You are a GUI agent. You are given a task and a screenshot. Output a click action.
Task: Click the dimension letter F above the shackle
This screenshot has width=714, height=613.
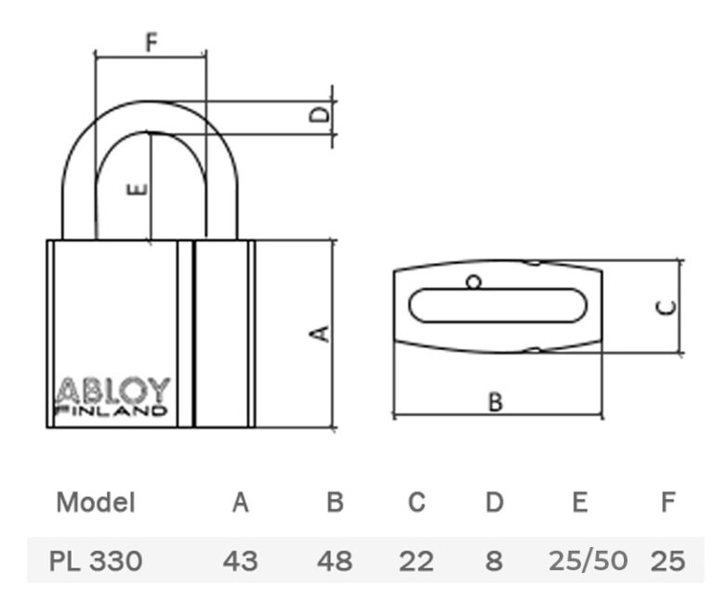(x=152, y=42)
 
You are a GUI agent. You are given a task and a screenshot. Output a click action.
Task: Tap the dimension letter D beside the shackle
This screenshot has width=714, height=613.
(x=319, y=114)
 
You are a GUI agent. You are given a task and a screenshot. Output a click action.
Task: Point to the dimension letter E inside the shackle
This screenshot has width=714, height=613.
(x=137, y=189)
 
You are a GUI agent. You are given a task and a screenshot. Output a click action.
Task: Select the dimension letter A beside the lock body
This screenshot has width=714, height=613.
(x=319, y=333)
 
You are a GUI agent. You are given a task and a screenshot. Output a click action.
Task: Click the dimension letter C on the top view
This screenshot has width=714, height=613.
(x=667, y=307)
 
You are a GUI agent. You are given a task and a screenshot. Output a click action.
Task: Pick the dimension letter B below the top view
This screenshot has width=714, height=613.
(x=496, y=402)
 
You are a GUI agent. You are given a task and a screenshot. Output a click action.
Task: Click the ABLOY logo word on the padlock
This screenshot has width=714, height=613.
(x=112, y=390)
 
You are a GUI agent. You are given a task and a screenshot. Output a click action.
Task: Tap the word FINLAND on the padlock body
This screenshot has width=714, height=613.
(x=112, y=411)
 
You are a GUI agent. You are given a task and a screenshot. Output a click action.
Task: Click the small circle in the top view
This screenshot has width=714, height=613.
(x=473, y=282)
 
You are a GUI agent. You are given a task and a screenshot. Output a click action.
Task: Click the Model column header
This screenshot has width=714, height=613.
(x=96, y=502)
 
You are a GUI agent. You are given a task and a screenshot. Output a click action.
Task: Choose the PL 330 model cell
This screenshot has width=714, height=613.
(x=95, y=561)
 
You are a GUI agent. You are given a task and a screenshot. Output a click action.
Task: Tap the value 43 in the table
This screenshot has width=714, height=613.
(x=241, y=561)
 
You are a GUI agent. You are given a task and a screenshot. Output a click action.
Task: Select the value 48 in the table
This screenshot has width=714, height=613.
(x=335, y=561)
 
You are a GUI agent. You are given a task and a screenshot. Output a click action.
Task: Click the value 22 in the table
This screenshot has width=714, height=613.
(x=416, y=561)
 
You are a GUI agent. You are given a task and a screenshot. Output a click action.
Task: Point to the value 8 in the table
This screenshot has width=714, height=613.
(x=494, y=561)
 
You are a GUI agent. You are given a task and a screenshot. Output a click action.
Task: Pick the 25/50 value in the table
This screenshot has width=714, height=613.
(x=588, y=561)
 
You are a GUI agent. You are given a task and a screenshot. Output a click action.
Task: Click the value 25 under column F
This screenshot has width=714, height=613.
(x=668, y=561)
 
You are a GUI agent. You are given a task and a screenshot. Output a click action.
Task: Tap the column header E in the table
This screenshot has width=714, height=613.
(x=580, y=502)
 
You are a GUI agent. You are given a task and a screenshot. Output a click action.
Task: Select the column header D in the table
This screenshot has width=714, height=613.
(x=495, y=502)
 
